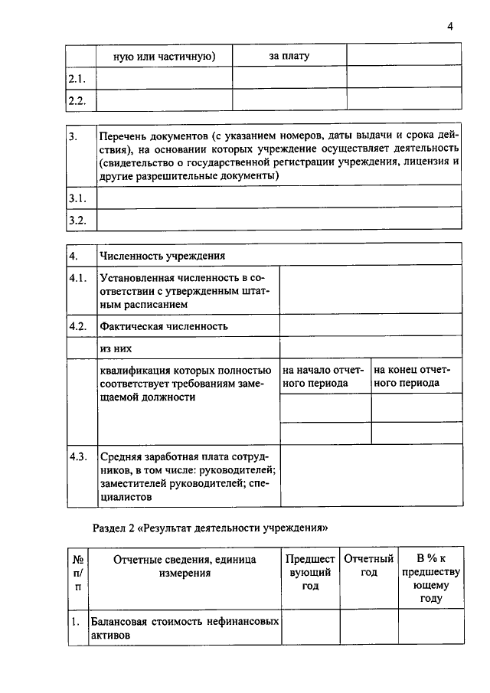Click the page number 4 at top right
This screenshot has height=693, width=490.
[451, 27]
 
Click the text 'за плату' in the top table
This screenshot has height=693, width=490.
[289, 56]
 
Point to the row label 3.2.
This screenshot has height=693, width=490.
[77, 220]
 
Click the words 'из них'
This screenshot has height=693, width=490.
[116, 348]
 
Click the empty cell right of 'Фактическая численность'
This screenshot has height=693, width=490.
[371, 326]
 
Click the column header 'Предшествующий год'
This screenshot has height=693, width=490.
[310, 573]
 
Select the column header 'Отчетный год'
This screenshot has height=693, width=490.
[368, 566]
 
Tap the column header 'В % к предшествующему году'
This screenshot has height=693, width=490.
[430, 579]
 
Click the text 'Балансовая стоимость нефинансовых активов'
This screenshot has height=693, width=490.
[184, 629]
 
